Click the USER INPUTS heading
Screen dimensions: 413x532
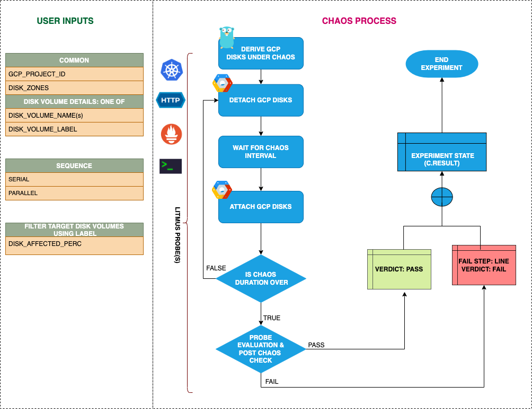[x=65, y=21]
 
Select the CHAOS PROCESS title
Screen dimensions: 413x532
[x=359, y=21]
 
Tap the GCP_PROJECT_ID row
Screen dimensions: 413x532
[x=74, y=74]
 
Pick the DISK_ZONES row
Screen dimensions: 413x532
[x=74, y=88]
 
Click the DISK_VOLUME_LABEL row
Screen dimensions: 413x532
[x=74, y=129]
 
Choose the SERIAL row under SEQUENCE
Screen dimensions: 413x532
[x=74, y=180]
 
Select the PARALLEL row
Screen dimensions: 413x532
[x=74, y=194]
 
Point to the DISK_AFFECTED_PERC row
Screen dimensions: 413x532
[x=74, y=244]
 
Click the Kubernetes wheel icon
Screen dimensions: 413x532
[x=171, y=71]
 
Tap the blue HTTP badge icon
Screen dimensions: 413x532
[x=171, y=100]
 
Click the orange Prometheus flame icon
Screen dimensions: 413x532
[x=171, y=134]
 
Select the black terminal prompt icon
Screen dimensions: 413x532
[x=171, y=166]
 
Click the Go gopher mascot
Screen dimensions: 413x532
[x=227, y=38]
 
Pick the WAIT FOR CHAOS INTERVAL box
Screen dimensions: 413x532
[x=261, y=152]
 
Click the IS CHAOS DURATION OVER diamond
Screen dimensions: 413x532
[x=261, y=278]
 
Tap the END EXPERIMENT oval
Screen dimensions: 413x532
[x=441, y=64]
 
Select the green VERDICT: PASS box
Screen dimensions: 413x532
[x=399, y=269]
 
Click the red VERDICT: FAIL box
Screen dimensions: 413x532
[x=484, y=265]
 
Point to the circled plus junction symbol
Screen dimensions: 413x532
[x=441, y=197]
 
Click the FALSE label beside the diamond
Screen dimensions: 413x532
[x=216, y=268]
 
